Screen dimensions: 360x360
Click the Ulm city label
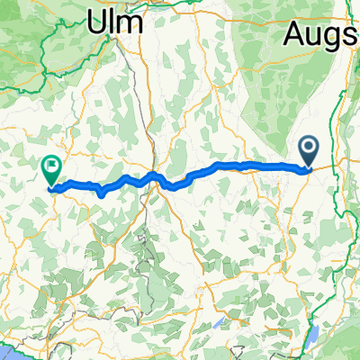click(115, 23)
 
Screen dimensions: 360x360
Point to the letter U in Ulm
click(98, 23)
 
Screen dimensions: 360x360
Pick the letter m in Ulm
click(131, 25)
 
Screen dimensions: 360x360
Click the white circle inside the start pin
click(308, 147)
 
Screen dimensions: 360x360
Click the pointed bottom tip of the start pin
click(308, 167)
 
